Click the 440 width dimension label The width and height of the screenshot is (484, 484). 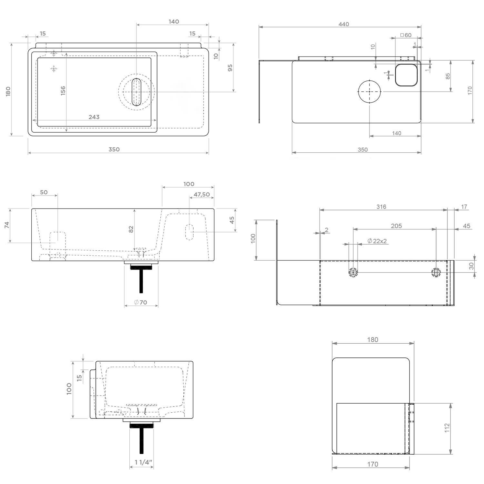pyautogui.click(x=344, y=24)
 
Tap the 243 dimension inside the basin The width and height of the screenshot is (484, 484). pyautogui.click(x=94, y=117)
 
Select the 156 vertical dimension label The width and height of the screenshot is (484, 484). pyautogui.click(x=63, y=90)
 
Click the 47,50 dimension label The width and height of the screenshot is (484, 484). pyautogui.click(x=202, y=195)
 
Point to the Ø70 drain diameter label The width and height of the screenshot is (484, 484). pyautogui.click(x=141, y=302)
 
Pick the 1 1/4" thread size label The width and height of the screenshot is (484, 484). pyautogui.click(x=143, y=462)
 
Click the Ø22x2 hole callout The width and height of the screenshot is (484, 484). pyautogui.click(x=377, y=241)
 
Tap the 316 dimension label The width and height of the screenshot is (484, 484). pyautogui.click(x=381, y=207)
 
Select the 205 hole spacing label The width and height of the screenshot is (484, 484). pyautogui.click(x=396, y=226)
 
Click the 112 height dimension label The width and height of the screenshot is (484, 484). pyautogui.click(x=447, y=428)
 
